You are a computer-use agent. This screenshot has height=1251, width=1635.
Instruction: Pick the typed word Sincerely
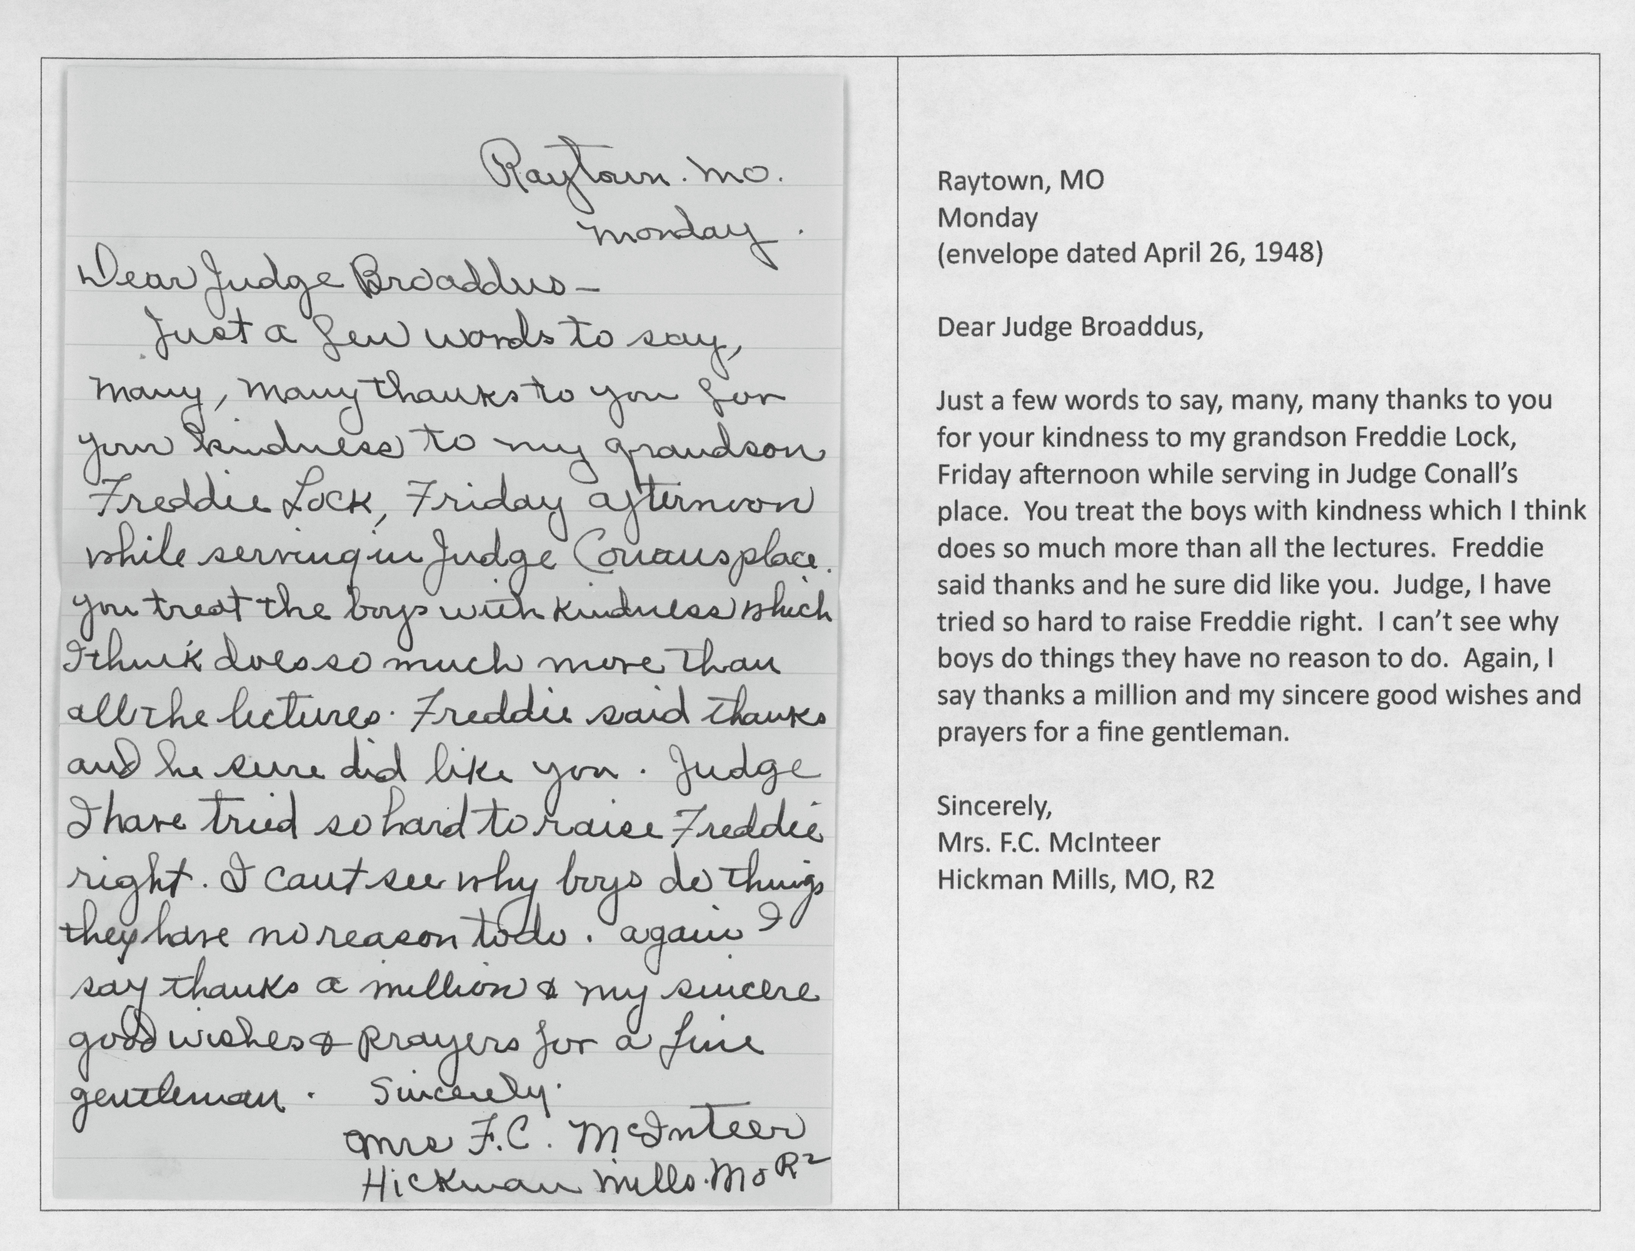coord(993,806)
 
